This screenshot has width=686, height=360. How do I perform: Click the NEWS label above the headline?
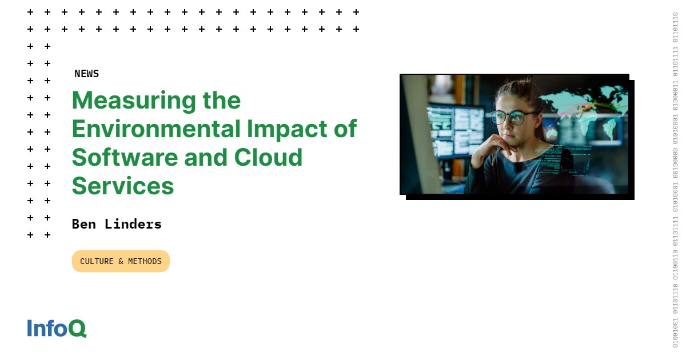point(86,74)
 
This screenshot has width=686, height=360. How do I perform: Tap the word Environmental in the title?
point(156,129)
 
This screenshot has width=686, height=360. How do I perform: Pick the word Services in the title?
point(122,186)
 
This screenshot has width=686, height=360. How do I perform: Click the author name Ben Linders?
point(117,224)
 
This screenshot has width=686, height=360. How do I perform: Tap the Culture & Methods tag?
point(121,261)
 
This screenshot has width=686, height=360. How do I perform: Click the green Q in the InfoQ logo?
point(77,329)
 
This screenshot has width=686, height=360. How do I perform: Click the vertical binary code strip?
point(675,180)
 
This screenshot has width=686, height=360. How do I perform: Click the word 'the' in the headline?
point(221,101)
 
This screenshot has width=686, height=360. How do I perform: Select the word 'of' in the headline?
point(345,129)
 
